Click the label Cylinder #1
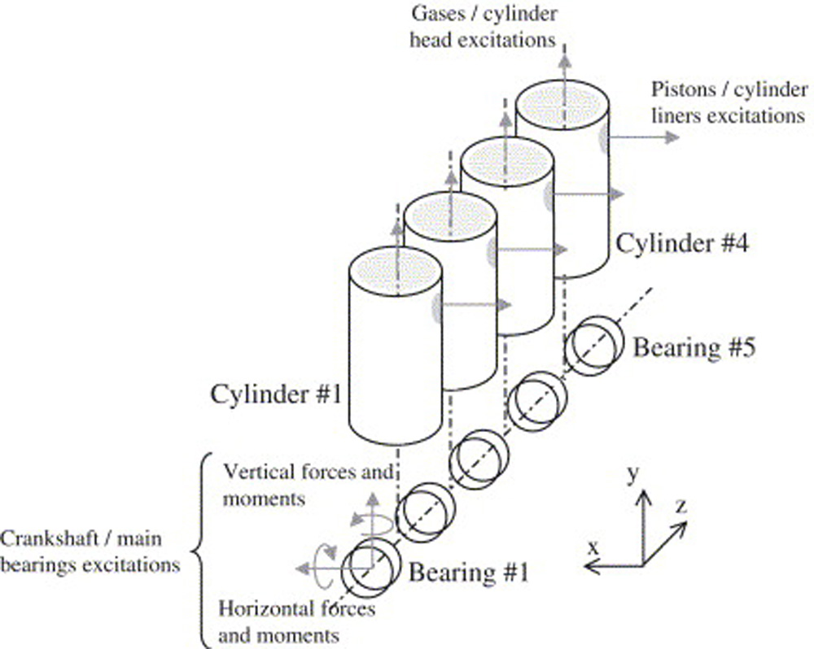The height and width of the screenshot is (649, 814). tap(276, 394)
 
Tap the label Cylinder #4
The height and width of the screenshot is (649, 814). tap(682, 243)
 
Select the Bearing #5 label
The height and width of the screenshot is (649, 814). tap(694, 347)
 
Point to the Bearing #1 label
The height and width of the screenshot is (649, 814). tap(469, 573)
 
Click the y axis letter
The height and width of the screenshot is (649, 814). tap(632, 473)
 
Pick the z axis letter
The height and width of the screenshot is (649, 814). tap(681, 505)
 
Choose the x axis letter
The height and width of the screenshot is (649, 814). tap(593, 547)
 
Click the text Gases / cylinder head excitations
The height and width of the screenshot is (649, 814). tap(484, 27)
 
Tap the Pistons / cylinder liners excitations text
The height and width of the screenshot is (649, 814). tap(729, 102)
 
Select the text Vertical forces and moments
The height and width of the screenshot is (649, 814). tap(309, 485)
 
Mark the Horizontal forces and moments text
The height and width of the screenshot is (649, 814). tap(296, 621)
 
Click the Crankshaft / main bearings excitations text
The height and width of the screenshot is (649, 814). tap(90, 551)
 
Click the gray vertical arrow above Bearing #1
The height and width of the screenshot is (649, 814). tap(372, 530)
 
